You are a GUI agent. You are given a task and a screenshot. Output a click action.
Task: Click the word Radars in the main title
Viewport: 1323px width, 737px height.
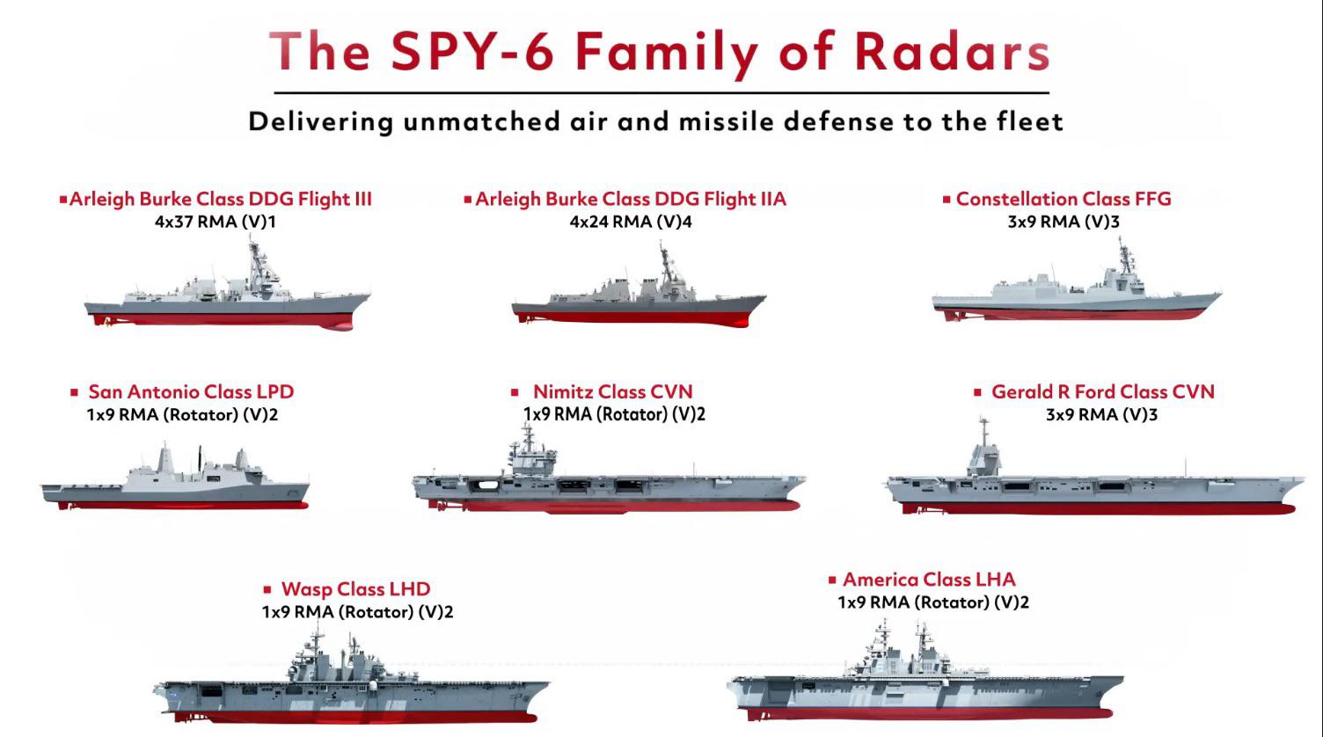coord(952,51)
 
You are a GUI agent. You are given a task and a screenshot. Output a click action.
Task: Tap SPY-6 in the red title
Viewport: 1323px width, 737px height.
coord(472,51)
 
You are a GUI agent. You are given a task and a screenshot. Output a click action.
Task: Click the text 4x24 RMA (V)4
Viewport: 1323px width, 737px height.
coord(631,222)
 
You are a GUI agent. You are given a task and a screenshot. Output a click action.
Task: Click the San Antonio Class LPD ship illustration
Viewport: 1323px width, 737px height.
coord(175,478)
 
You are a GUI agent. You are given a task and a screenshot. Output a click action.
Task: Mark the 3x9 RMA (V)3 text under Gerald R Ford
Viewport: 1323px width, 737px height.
coord(1101,414)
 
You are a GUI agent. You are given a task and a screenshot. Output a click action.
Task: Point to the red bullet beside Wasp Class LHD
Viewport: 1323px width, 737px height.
coord(267,589)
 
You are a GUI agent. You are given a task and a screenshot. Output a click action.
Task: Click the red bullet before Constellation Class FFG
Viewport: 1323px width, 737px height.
coord(947,200)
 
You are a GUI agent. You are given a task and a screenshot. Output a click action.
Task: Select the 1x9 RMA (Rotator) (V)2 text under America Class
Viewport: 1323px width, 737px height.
coord(933,602)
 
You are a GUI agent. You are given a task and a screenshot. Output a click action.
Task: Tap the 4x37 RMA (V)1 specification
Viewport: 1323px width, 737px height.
coord(215,222)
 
